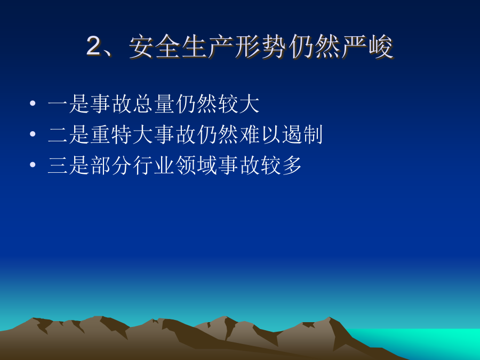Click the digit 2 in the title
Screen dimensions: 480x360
pyautogui.click(x=93, y=46)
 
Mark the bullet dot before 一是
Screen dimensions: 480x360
pyautogui.click(x=33, y=103)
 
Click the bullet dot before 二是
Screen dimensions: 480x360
pyautogui.click(x=33, y=134)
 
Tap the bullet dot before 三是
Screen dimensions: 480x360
pyautogui.click(x=33, y=164)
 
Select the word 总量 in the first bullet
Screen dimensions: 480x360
pyautogui.click(x=154, y=103)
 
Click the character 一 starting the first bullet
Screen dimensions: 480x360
pyautogui.click(x=58, y=103)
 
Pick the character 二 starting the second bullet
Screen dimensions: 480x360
pyautogui.click(x=58, y=134)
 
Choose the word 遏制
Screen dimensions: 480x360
pyautogui.click(x=302, y=134)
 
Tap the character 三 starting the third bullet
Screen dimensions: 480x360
pyautogui.click(x=58, y=165)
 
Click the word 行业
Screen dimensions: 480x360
pyautogui.click(x=154, y=165)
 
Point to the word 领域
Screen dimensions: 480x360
pyautogui.click(x=196, y=165)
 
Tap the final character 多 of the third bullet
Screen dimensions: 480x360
pyautogui.click(x=292, y=165)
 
